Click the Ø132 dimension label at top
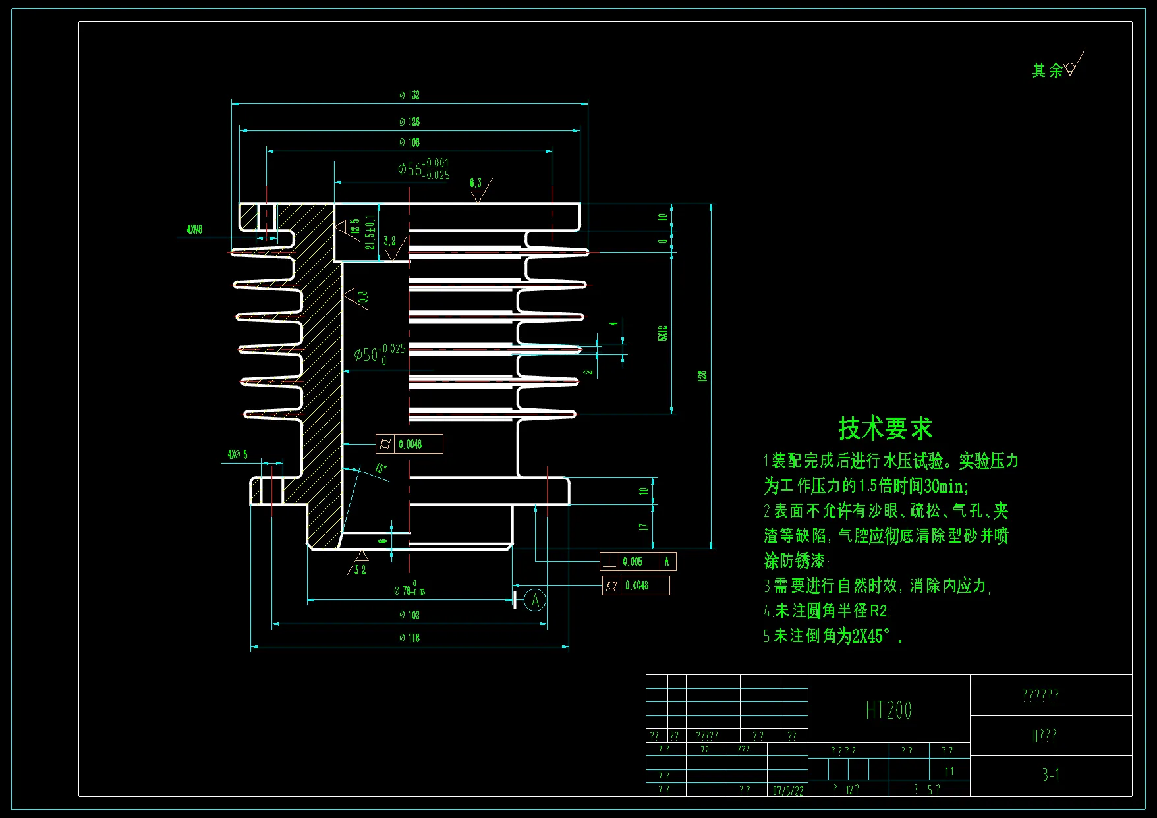(x=409, y=95)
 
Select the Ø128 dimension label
(x=409, y=122)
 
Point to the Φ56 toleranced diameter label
(x=423, y=169)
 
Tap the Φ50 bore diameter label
(x=380, y=354)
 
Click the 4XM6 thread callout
(x=194, y=230)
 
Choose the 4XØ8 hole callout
(x=237, y=455)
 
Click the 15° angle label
(x=381, y=469)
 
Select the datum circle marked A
(x=535, y=600)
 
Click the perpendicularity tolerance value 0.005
(x=633, y=562)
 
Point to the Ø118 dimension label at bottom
(x=409, y=638)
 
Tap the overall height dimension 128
(x=702, y=376)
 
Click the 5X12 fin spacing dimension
(x=663, y=333)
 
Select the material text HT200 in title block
(x=888, y=711)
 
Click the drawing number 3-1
(x=1051, y=775)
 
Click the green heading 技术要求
(x=885, y=429)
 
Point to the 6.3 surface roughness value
(x=476, y=183)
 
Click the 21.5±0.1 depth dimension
(x=370, y=232)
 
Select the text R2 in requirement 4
(x=879, y=611)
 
